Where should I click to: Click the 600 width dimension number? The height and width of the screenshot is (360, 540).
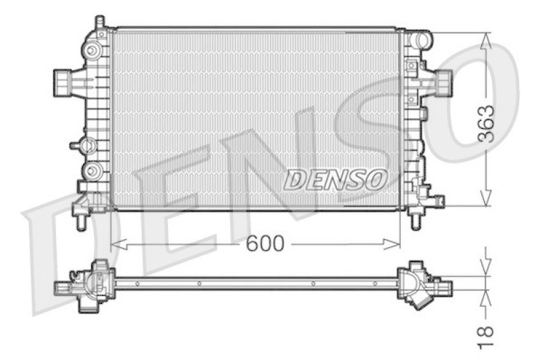[x=265, y=244]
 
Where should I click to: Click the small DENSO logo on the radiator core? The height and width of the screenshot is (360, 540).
[x=335, y=179]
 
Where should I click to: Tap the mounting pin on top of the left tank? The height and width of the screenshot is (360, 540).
[x=100, y=22]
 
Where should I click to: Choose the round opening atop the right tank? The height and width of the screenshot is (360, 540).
[x=421, y=39]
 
